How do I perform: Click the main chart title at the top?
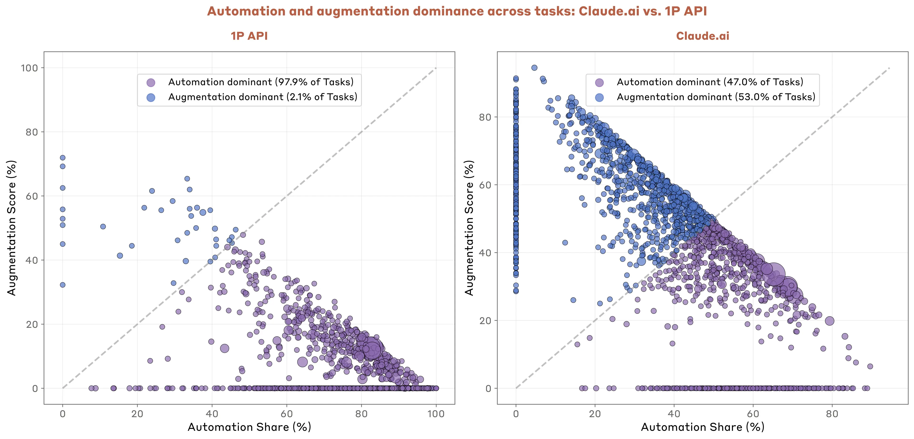point(457,11)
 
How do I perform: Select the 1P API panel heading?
point(249,36)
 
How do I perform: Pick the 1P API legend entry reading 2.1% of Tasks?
point(263,97)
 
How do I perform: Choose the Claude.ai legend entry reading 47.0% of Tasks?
point(710,82)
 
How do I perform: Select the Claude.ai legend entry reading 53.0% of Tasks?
point(716,97)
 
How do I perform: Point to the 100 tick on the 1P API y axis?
point(30,68)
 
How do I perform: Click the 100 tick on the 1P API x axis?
point(436,414)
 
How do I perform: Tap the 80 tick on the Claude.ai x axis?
point(832,414)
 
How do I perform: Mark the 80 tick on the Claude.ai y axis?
point(485,117)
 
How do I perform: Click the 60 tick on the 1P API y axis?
point(32,196)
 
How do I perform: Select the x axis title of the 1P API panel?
point(249,427)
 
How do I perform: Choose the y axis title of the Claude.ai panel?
point(469,228)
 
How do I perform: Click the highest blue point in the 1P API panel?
point(62,158)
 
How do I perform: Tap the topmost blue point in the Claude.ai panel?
point(534,68)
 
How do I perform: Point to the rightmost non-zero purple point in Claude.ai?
point(870,366)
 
